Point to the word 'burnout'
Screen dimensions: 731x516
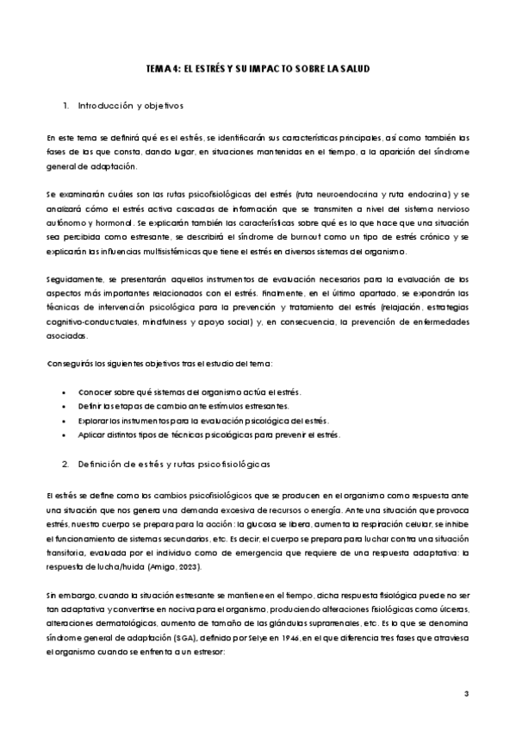point(313,237)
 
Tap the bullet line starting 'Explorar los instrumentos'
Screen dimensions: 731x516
point(203,421)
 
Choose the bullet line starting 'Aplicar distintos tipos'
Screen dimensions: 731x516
point(208,434)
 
